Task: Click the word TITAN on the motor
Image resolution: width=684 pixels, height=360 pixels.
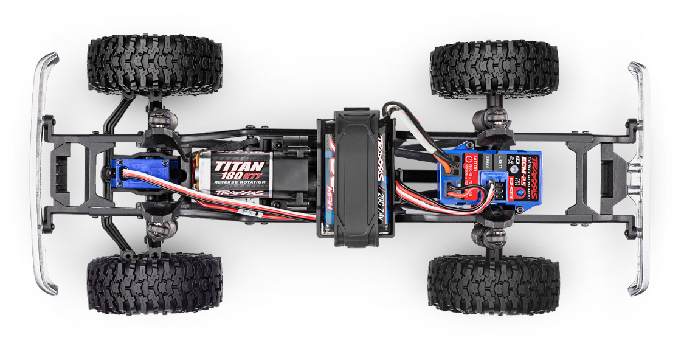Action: click(240, 165)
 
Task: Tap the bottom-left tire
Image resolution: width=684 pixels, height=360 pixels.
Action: click(154, 283)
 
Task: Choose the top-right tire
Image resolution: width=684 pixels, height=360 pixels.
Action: click(494, 67)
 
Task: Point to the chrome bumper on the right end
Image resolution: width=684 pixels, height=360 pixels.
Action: click(639, 176)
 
